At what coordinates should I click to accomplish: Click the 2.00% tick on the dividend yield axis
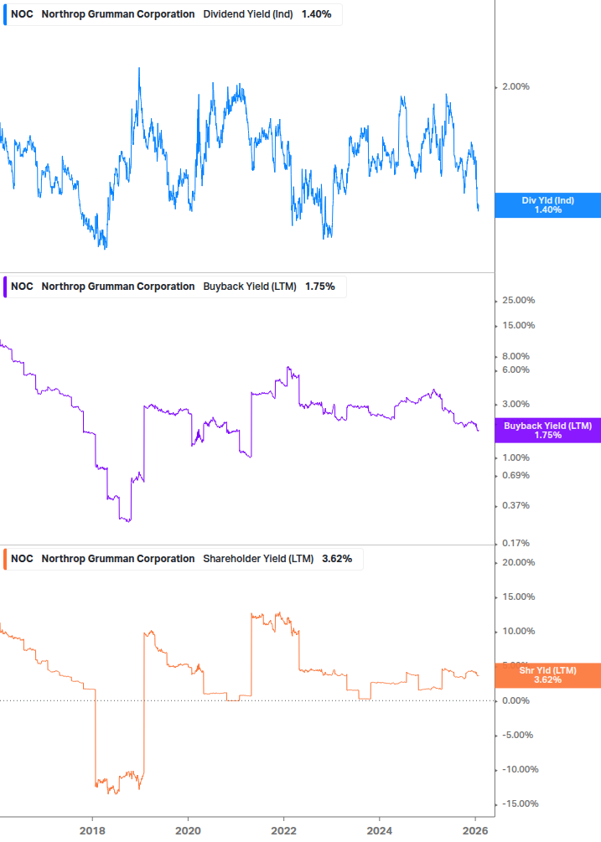pyautogui.click(x=515, y=87)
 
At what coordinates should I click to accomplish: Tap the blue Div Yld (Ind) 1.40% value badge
pyautogui.click(x=547, y=204)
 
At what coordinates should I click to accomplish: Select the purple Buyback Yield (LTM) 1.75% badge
pyautogui.click(x=547, y=431)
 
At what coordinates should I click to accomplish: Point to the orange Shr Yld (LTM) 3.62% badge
pyautogui.click(x=547, y=675)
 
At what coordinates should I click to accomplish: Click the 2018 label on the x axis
pyautogui.click(x=92, y=829)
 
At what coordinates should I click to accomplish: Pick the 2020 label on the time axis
pyautogui.click(x=188, y=829)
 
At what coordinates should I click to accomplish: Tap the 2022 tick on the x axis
pyautogui.click(x=284, y=829)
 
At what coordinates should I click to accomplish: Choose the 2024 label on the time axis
pyautogui.click(x=380, y=829)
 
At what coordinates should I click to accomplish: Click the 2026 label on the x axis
pyautogui.click(x=475, y=829)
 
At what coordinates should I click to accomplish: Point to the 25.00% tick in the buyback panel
pyautogui.click(x=517, y=301)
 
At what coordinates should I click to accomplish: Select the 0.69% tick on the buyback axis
pyautogui.click(x=515, y=476)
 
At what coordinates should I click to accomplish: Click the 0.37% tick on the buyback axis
pyautogui.click(x=515, y=506)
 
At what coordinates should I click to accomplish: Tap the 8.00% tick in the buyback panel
pyautogui.click(x=515, y=356)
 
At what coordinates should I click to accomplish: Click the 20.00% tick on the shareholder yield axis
pyautogui.click(x=517, y=563)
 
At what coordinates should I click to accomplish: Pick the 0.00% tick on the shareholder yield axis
pyautogui.click(x=515, y=700)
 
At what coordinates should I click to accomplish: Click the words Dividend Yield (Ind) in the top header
pyautogui.click(x=248, y=14)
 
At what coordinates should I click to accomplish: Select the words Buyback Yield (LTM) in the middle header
pyautogui.click(x=250, y=287)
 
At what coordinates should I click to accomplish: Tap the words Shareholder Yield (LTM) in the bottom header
pyautogui.click(x=259, y=559)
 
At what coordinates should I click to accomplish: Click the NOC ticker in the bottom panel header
pyautogui.click(x=23, y=559)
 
